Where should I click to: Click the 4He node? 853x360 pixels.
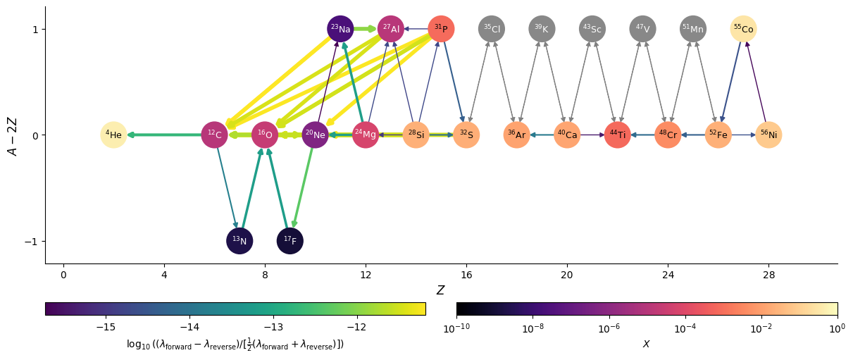113,135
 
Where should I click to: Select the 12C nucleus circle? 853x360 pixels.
214,135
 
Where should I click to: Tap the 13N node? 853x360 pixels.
239,241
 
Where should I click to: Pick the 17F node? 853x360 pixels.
289,241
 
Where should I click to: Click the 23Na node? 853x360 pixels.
340,29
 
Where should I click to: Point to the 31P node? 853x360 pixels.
441,29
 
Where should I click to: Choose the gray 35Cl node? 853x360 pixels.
492,29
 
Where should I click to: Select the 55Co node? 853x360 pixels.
743,29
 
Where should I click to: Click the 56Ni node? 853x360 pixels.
768,135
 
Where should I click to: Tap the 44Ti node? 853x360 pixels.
617,135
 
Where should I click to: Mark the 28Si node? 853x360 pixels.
416,135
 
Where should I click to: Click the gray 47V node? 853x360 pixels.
642,29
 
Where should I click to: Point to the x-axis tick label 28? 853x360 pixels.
768,274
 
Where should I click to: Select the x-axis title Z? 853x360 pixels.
440,290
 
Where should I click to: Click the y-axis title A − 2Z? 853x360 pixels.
12,135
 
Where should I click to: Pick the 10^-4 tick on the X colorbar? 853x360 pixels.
685,328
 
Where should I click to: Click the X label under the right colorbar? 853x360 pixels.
647,345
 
